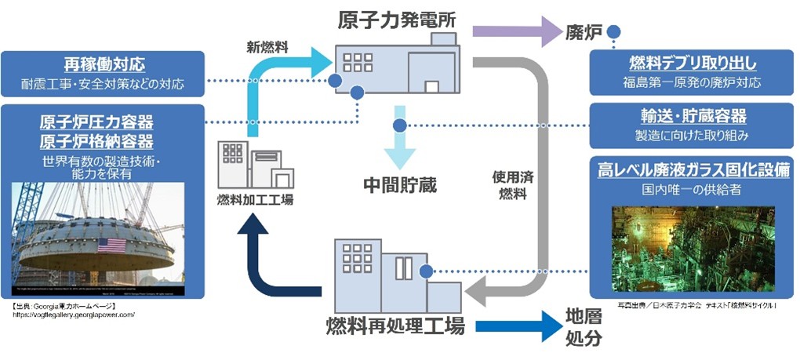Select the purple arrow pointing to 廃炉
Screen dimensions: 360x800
click(x=515, y=32)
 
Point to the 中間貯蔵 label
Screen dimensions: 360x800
click(x=399, y=185)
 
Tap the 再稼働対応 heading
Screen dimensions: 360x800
click(x=104, y=65)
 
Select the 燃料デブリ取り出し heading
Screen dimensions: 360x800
click(x=693, y=64)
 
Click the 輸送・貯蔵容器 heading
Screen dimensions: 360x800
click(x=693, y=116)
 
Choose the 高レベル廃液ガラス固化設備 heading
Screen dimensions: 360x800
click(x=693, y=169)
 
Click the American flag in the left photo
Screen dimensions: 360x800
click(x=111, y=245)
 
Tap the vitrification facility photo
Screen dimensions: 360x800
click(x=693, y=249)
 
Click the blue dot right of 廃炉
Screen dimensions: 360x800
click(x=615, y=32)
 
